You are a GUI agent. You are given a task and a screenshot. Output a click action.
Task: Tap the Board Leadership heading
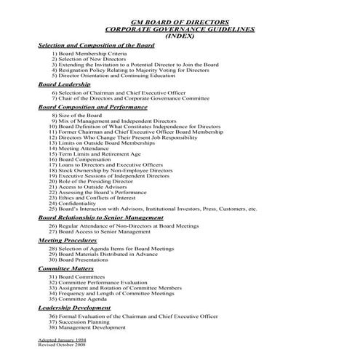64,84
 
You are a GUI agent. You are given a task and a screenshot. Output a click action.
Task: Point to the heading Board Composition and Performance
92,107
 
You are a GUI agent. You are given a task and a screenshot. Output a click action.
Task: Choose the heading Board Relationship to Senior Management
100,217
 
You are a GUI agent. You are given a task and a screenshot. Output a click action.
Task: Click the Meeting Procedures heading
67,239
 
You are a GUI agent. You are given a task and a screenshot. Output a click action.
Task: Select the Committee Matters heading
65,268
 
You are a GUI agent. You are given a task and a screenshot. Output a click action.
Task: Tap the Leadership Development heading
74,308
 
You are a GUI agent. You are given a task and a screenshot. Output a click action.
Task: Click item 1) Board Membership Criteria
89,54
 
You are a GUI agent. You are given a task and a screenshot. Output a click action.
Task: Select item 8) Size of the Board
79,116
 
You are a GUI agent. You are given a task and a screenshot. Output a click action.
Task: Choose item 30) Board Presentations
83,260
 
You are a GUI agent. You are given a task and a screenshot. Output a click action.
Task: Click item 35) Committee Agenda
81,299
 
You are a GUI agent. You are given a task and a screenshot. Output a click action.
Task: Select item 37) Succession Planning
84,322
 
